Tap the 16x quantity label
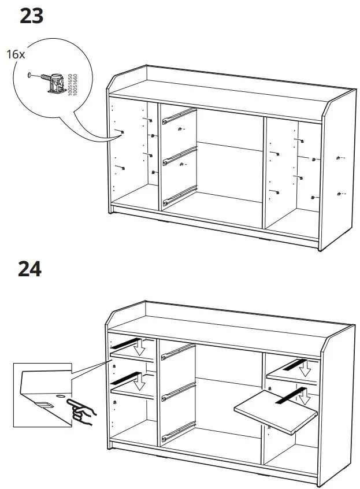[x=16, y=54]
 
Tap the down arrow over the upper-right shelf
[x=304, y=368]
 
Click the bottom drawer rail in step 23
[x=180, y=195]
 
